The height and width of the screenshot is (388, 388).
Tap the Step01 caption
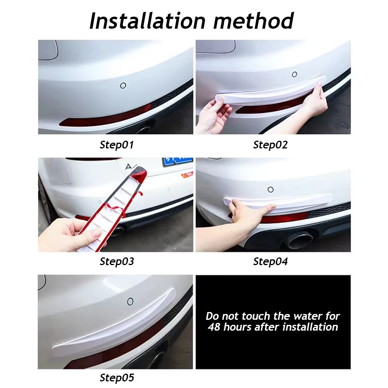117,145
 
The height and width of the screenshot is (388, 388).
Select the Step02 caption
271,145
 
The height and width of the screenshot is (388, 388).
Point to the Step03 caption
117,261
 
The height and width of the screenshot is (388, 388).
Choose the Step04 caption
271,262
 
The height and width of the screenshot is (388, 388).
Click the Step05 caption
117,377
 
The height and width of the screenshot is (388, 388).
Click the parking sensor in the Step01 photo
123,85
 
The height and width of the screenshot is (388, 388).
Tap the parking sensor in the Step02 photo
295,74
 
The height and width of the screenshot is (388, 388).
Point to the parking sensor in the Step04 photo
270,190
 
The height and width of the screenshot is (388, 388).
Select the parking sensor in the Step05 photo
131,301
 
